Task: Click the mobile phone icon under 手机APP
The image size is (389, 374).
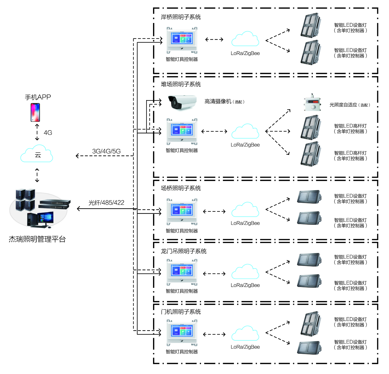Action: click(x=35, y=112)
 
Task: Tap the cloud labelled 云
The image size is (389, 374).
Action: click(x=37, y=155)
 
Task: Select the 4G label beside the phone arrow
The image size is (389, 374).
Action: click(x=48, y=133)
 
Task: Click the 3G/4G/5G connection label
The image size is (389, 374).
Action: click(x=106, y=151)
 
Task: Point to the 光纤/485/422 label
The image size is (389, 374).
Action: click(x=106, y=203)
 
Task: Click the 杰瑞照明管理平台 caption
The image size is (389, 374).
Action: click(x=37, y=239)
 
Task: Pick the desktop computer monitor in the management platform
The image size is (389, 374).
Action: click(x=45, y=219)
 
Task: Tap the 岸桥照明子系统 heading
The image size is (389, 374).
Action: click(x=181, y=17)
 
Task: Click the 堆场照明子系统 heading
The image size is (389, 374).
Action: click(x=181, y=84)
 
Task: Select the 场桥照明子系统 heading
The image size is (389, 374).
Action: click(x=181, y=188)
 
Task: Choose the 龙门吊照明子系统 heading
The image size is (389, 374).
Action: click(x=183, y=251)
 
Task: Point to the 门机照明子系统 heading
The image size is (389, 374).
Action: click(x=181, y=312)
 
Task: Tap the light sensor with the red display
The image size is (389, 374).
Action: click(x=312, y=103)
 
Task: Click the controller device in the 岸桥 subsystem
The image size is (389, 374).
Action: click(x=182, y=40)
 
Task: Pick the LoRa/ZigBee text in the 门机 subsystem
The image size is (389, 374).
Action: click(x=245, y=347)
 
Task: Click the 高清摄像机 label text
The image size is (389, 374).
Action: click(x=218, y=102)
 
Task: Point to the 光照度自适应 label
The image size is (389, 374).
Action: click(x=343, y=105)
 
